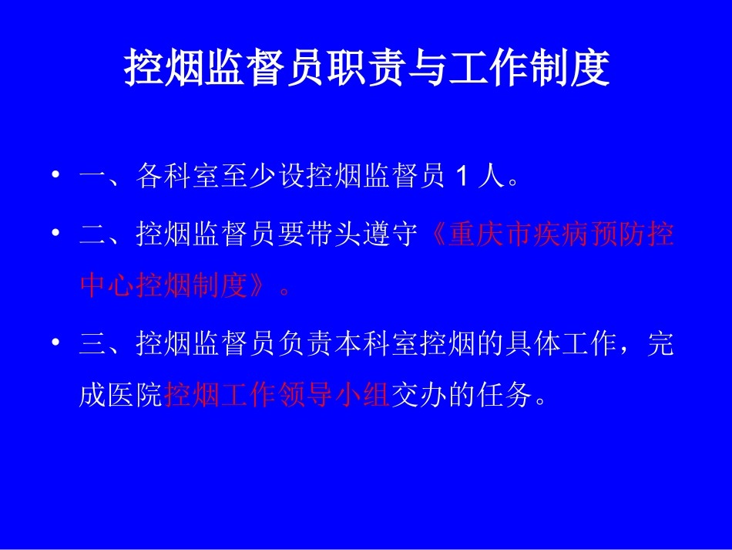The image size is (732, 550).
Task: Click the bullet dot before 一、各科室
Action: point(55,177)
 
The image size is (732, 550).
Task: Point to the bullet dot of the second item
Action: point(55,233)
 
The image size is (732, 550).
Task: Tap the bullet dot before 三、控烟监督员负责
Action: point(55,343)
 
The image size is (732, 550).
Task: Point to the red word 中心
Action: point(108,288)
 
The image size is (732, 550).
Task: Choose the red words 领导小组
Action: point(334,398)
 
